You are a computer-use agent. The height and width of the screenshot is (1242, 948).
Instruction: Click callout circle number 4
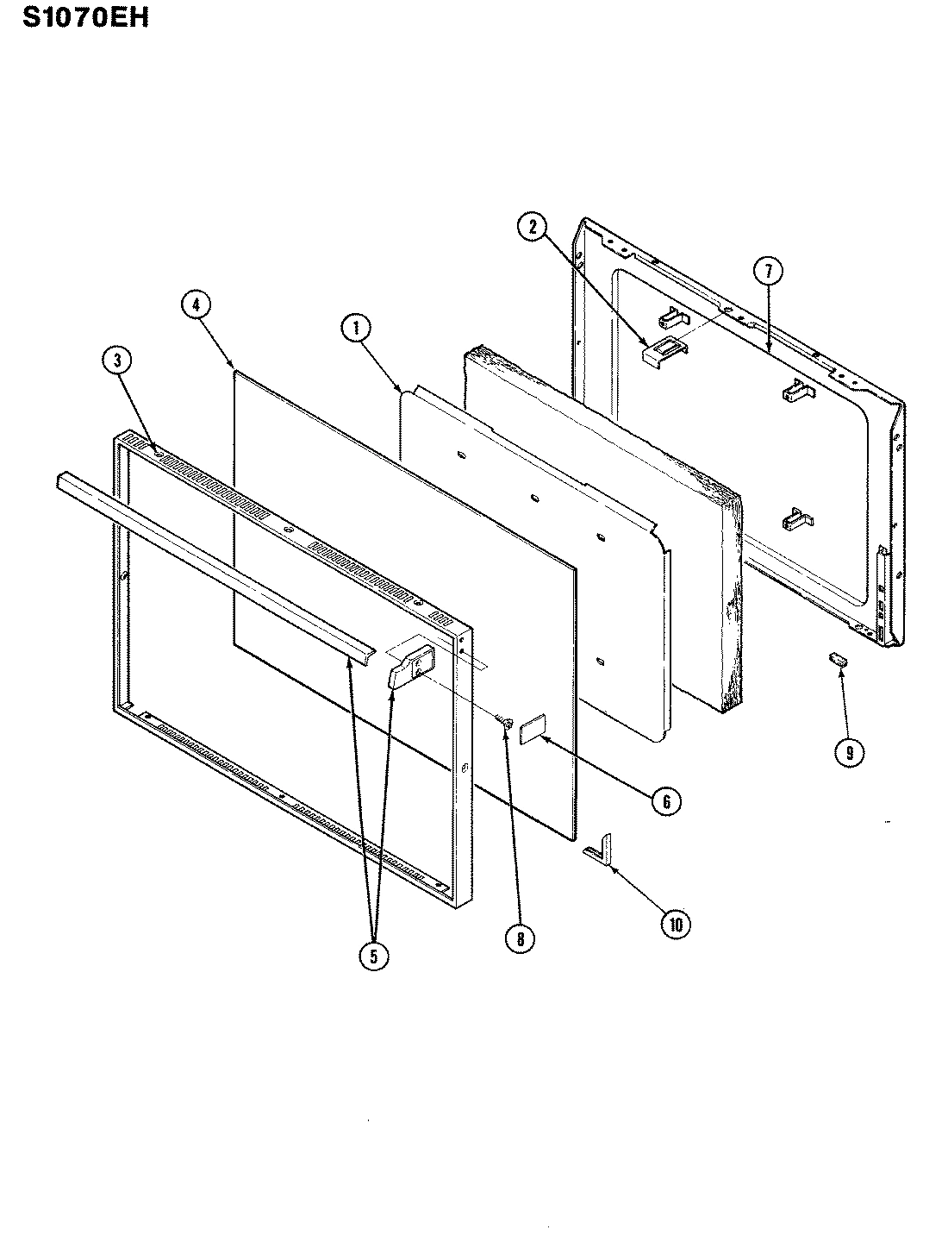pyautogui.click(x=197, y=304)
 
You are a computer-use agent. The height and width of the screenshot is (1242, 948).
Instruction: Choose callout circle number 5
pyautogui.click(x=372, y=955)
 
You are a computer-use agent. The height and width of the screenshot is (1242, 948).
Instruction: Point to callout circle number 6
pyautogui.click(x=666, y=801)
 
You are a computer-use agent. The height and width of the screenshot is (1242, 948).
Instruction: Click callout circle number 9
pyautogui.click(x=849, y=751)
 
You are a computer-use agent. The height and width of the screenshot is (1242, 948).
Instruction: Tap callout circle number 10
pyautogui.click(x=677, y=924)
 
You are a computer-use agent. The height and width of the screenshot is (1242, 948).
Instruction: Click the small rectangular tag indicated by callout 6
pyautogui.click(x=533, y=728)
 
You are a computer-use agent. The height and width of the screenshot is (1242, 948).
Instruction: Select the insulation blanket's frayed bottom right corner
pyautogui.click(x=728, y=690)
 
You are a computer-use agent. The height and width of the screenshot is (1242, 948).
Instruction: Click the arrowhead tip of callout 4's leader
pyautogui.click(x=235, y=368)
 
